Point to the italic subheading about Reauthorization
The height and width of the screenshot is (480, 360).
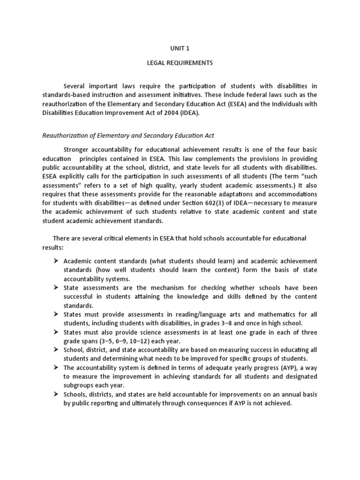pyautogui.click(x=128, y=135)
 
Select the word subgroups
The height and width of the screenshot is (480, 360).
pyautogui.click(x=79, y=386)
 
